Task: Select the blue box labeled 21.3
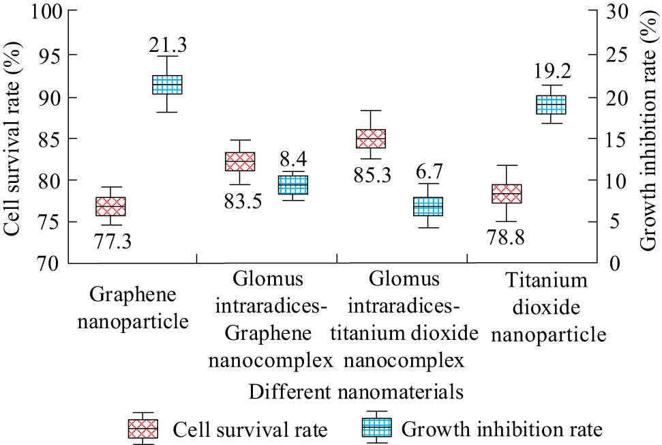[167, 85]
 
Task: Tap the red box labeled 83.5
[239, 162]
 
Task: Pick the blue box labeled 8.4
[293, 185]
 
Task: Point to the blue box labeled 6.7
[427, 206]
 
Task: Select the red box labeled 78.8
[506, 194]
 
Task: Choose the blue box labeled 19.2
[551, 105]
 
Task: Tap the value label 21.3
[167, 46]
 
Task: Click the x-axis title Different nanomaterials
[356, 392]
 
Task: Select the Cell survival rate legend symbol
[143, 429]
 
